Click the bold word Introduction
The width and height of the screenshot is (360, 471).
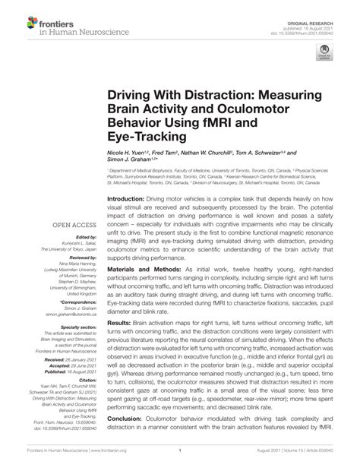click(114, 196)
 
